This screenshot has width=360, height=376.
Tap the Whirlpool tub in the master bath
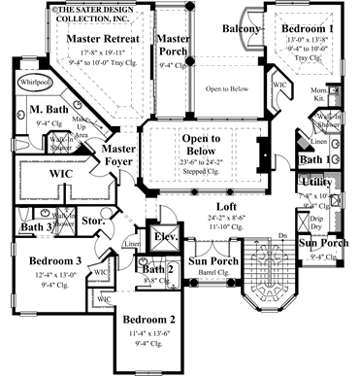(34, 85)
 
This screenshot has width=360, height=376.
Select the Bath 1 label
(312, 159)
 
